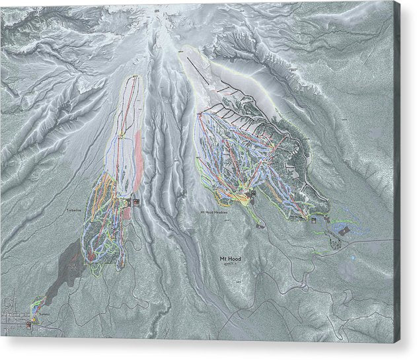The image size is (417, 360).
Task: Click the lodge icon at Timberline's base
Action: click(135, 202)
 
